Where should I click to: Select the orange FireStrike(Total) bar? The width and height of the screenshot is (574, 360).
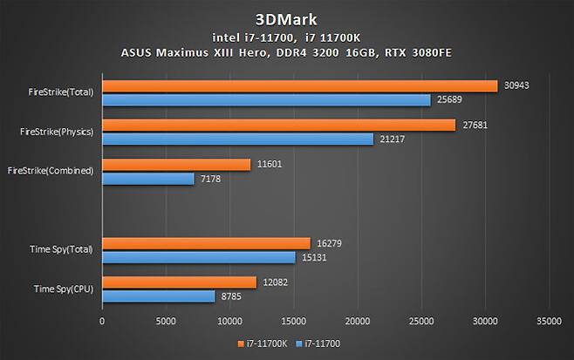(299, 85)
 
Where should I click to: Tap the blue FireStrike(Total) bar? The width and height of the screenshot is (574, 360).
(266, 100)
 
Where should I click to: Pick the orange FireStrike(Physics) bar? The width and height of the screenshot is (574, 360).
(278, 125)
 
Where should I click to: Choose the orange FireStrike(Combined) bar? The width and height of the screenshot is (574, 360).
(176, 164)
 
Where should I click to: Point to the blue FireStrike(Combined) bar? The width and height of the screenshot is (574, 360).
(148, 179)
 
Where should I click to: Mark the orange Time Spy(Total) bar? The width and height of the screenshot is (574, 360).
(206, 242)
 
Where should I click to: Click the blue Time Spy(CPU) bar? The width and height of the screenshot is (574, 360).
(159, 296)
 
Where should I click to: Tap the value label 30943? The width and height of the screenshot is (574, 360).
(516, 85)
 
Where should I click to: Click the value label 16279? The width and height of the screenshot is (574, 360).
(330, 242)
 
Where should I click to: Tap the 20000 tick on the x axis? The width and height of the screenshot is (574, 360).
(358, 321)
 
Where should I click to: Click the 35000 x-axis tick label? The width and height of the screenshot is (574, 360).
(549, 321)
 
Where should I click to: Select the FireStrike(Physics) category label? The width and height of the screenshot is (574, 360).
(57, 132)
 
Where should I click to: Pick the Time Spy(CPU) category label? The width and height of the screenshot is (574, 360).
(63, 289)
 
